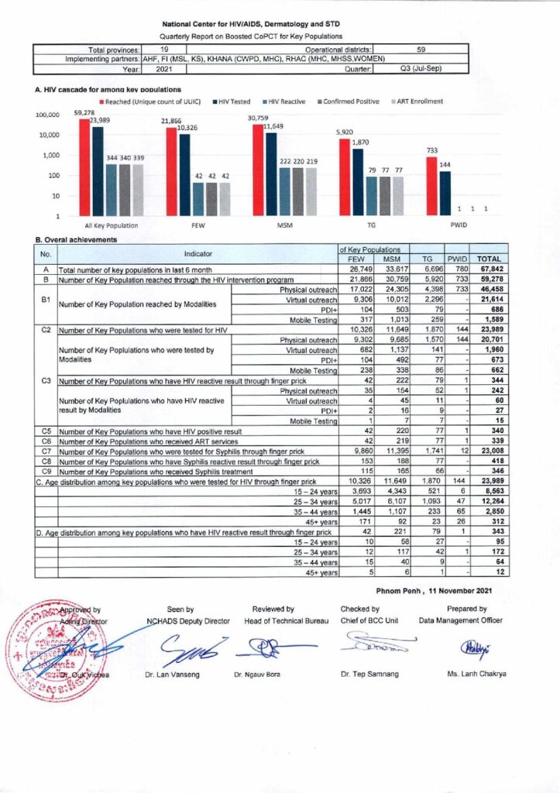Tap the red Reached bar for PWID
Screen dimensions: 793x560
[x=432, y=186]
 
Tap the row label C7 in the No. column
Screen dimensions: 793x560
[x=45, y=450]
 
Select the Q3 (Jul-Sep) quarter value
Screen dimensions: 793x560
[x=421, y=69]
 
